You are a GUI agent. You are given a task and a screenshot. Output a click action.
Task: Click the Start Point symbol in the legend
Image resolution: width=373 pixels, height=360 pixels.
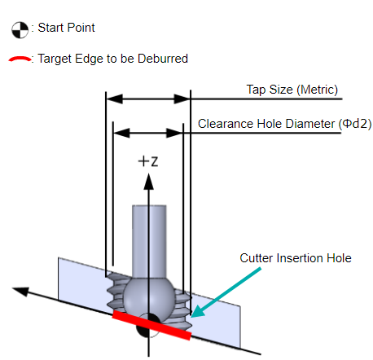click(x=20, y=29)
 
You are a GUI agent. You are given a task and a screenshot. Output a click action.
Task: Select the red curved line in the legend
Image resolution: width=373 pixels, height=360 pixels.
click(x=20, y=59)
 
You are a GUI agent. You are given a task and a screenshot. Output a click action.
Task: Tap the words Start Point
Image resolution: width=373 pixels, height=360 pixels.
click(x=66, y=28)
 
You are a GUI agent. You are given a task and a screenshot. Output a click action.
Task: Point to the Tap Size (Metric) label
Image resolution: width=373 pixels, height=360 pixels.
click(x=292, y=90)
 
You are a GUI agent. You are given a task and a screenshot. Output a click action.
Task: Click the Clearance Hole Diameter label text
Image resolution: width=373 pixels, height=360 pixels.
click(x=266, y=124)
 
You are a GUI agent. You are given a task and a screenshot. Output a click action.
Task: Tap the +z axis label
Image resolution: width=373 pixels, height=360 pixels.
click(x=148, y=161)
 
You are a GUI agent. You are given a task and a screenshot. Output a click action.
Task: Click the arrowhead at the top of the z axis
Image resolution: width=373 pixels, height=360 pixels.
click(x=148, y=182)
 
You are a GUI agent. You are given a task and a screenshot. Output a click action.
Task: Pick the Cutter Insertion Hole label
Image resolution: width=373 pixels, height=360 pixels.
click(x=296, y=258)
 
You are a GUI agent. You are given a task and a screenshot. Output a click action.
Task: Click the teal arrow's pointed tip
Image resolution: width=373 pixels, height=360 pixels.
click(x=191, y=316)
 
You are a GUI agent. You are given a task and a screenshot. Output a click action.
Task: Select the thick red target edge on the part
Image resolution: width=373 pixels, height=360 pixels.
click(x=152, y=325)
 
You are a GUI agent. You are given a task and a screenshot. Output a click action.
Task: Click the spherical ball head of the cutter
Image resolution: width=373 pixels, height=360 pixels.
click(x=148, y=296)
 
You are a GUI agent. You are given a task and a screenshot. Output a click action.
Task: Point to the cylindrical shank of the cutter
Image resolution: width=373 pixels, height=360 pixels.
click(x=149, y=241)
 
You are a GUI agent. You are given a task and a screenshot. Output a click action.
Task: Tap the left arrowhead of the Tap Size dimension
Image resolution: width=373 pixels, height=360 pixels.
click(x=114, y=99)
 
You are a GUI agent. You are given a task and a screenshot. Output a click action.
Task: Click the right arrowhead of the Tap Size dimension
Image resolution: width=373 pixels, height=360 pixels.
click(x=182, y=99)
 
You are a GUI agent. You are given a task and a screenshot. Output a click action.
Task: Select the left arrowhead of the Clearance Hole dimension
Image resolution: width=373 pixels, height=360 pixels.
click(x=121, y=133)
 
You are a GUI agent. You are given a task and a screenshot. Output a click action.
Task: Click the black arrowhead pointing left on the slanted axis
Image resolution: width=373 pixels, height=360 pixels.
click(x=20, y=291)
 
